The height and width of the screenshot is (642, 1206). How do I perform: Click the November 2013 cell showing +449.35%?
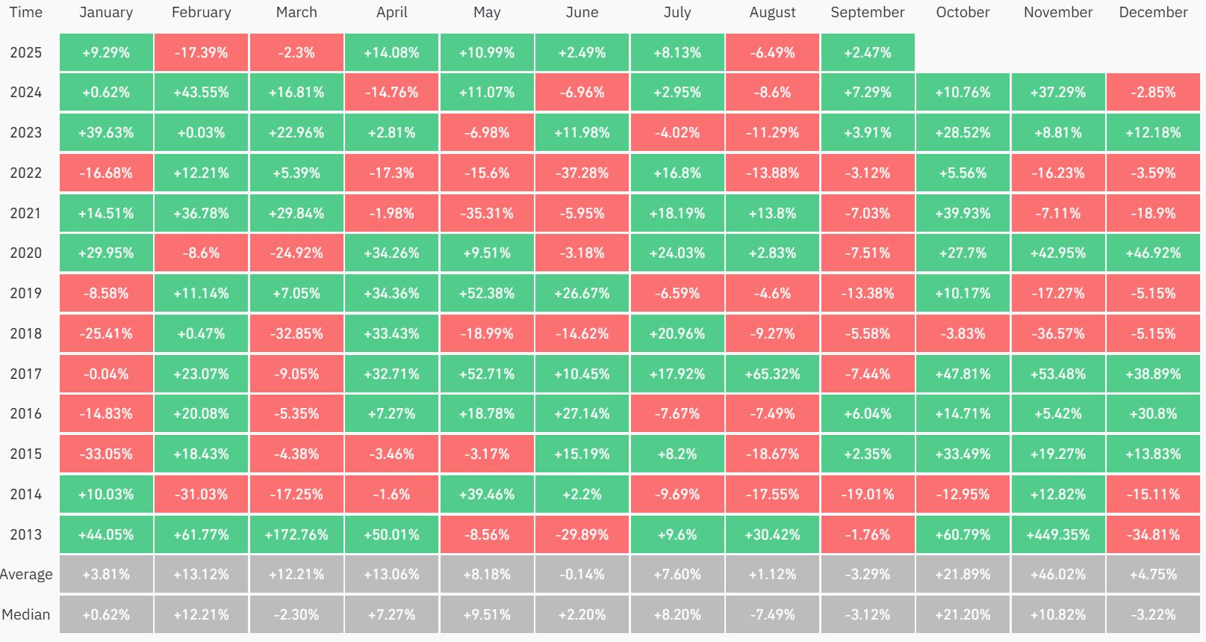click(1057, 534)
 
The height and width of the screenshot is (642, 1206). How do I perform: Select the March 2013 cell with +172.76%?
click(296, 534)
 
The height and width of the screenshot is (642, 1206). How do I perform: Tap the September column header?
click(867, 13)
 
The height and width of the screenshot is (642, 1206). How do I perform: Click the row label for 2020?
click(26, 253)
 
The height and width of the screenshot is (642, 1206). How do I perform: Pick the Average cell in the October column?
click(963, 575)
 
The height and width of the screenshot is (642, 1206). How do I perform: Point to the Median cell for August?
click(772, 614)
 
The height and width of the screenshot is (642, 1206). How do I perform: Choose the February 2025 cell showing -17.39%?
click(201, 52)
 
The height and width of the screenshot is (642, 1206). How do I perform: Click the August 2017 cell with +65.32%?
click(772, 374)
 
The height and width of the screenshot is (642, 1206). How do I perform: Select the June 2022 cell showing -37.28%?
click(582, 173)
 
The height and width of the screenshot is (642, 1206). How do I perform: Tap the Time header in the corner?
click(26, 13)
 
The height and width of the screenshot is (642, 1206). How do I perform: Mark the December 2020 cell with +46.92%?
click(1153, 253)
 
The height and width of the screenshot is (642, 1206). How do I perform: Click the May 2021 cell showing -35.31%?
click(487, 213)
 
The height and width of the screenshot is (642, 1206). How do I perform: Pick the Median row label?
click(26, 614)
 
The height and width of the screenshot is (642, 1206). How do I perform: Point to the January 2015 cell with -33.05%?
click(106, 454)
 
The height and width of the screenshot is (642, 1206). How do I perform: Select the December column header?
click(1153, 13)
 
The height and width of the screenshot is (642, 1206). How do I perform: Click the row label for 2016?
click(26, 413)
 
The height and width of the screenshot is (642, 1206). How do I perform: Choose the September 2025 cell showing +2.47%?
click(867, 52)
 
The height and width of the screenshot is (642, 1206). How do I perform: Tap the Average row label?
click(26, 575)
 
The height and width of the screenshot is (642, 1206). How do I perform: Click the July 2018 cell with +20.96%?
click(677, 333)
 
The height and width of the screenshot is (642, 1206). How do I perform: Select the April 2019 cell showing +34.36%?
click(391, 293)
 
